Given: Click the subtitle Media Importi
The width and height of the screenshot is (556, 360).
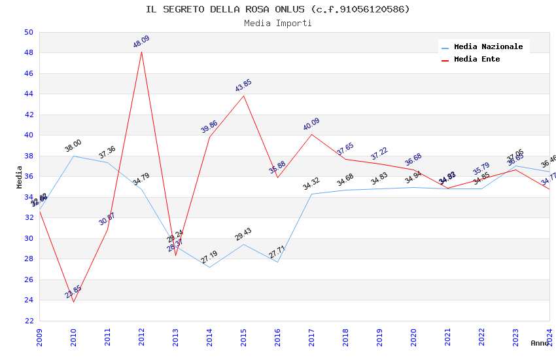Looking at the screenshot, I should click(x=278, y=23).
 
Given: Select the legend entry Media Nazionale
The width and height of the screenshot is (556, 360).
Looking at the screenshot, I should click(x=488, y=47).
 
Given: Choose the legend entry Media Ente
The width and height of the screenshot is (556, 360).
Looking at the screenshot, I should click(x=477, y=59).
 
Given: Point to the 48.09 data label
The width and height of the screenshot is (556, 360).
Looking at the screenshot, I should click(x=141, y=42).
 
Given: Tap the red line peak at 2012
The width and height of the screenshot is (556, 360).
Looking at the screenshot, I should click(x=141, y=52).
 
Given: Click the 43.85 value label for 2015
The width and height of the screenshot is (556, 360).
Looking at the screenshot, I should click(x=243, y=86).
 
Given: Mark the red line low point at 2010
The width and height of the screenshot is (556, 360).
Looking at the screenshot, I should click(x=73, y=302).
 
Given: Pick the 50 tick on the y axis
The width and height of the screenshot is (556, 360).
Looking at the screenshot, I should click(x=28, y=32).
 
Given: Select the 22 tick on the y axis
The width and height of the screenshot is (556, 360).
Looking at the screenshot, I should click(x=28, y=321).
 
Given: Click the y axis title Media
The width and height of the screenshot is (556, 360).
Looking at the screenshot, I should click(x=20, y=177).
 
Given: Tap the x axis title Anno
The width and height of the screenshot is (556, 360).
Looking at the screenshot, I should click(x=540, y=343).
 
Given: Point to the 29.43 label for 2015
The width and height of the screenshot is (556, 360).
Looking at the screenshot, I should click(x=243, y=234).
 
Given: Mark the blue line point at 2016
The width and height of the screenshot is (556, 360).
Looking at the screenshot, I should click(x=277, y=262).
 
